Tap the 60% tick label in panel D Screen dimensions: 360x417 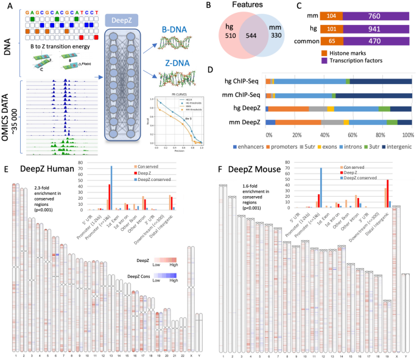coord(353,133)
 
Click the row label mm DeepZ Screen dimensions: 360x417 coord(245,122)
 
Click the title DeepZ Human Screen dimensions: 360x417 coord(47,169)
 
